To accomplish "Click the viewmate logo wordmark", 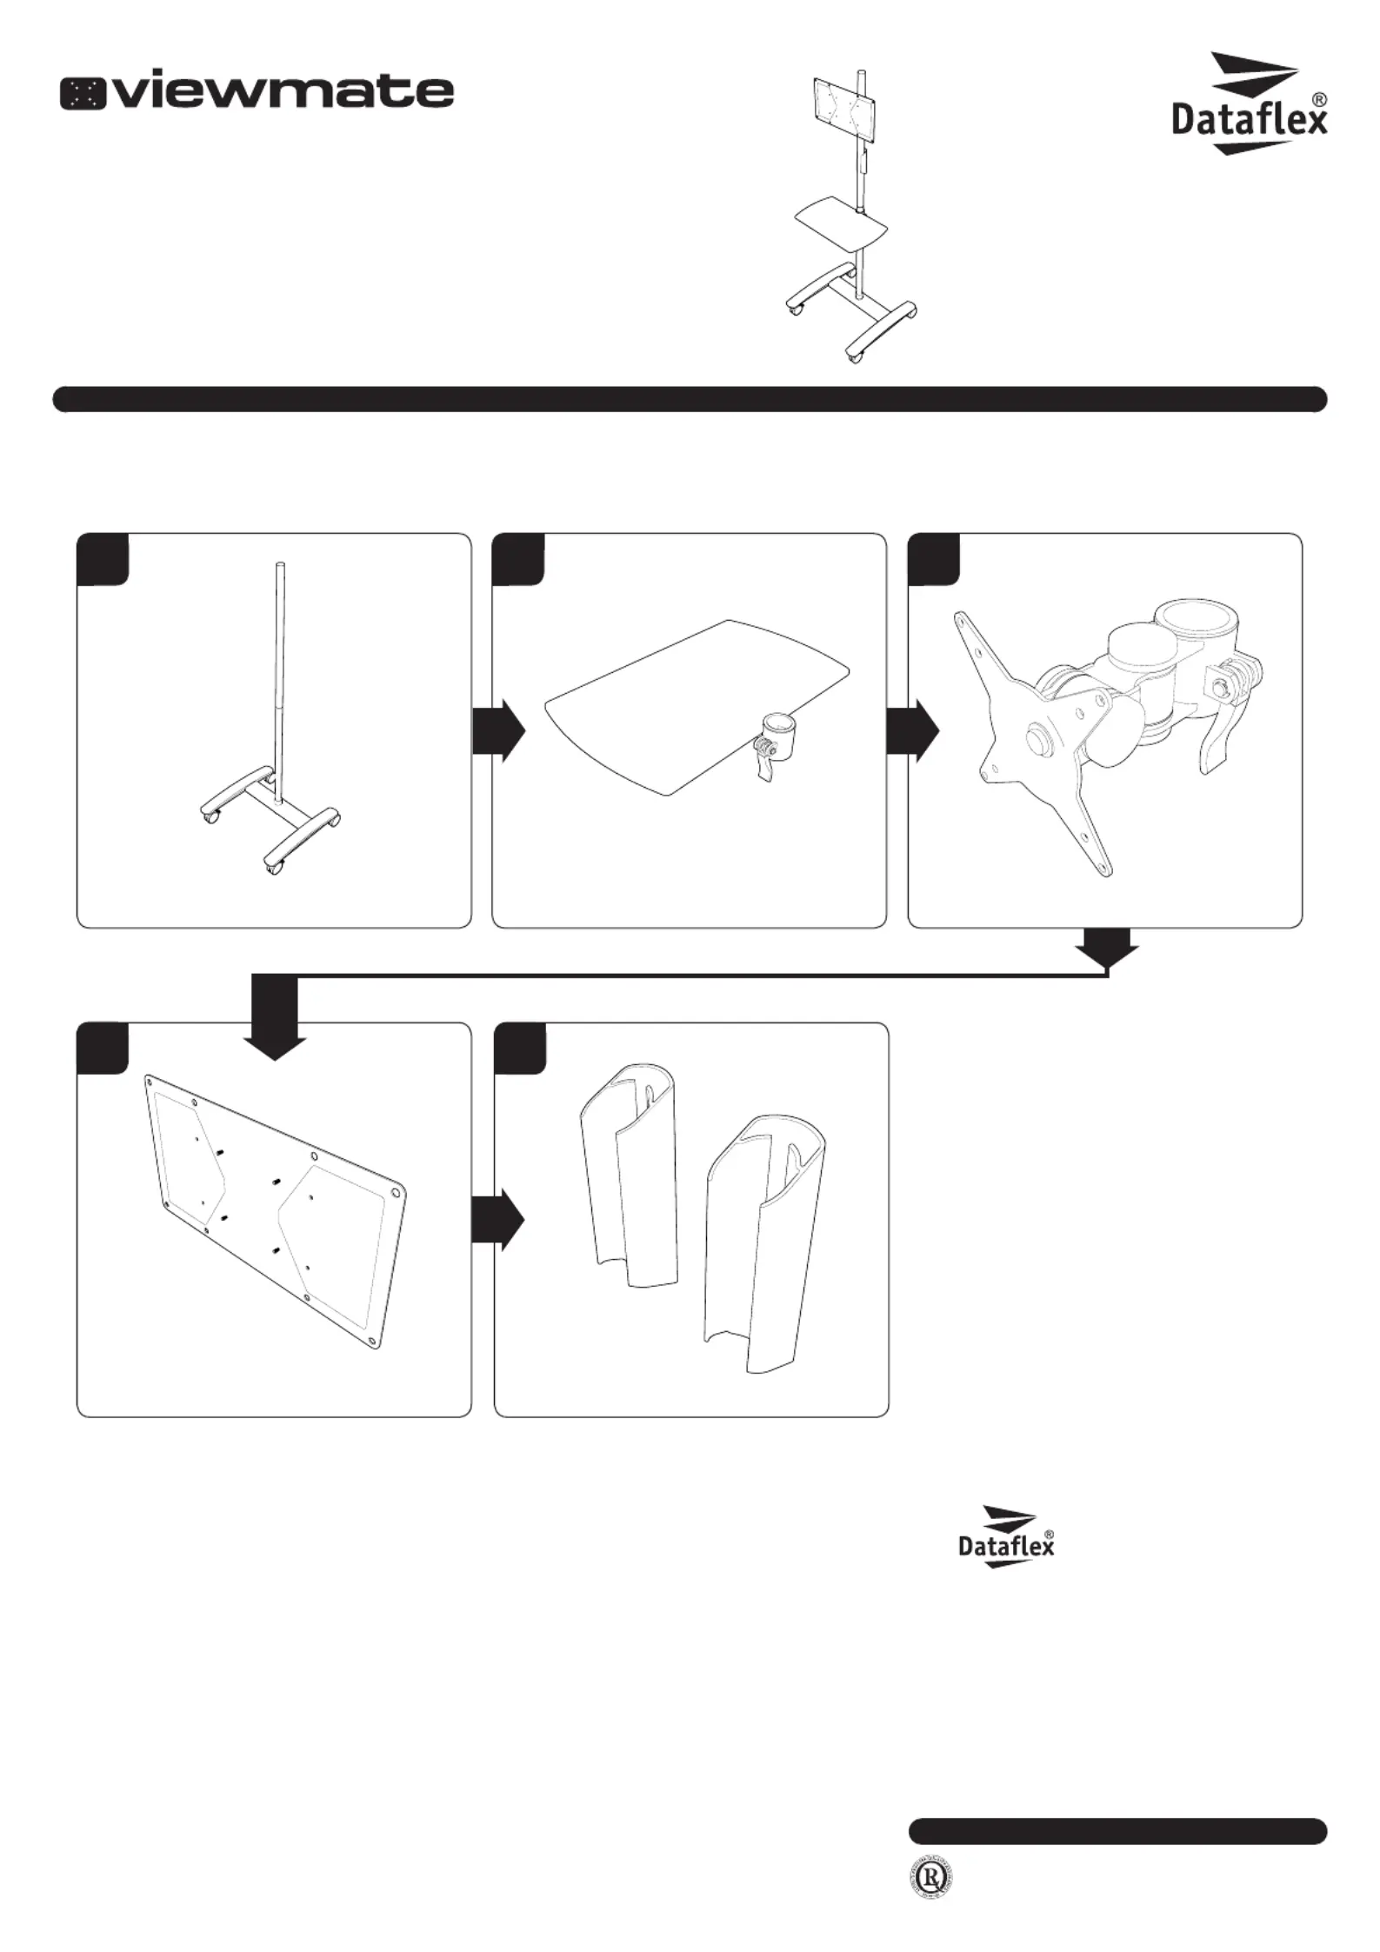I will pyautogui.click(x=257, y=93).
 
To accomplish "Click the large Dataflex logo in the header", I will pyautogui.click(x=1249, y=104).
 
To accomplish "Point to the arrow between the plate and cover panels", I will pyautogui.click(x=498, y=1221).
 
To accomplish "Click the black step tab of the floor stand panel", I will pyautogui.click(x=103, y=560).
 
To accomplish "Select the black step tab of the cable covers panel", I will pyautogui.click(x=520, y=1049).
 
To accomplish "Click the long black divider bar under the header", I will pyautogui.click(x=690, y=399).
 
